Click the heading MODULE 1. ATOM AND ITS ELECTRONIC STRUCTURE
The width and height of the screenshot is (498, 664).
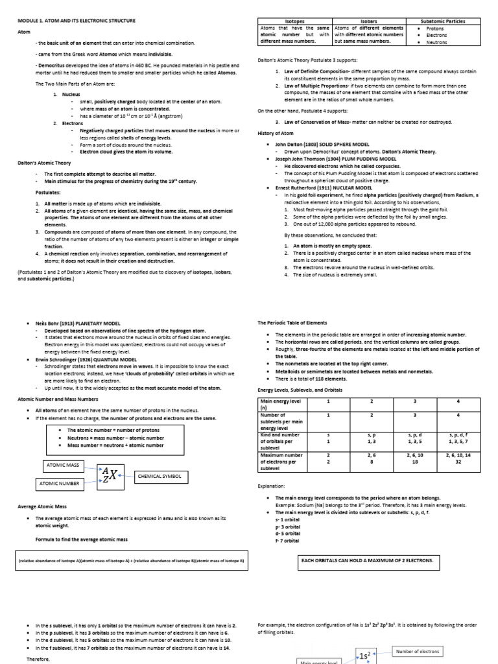click(x=76, y=21)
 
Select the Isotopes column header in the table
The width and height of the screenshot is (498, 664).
click(x=295, y=21)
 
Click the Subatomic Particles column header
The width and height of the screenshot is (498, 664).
click(x=442, y=21)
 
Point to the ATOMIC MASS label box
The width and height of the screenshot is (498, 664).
click(x=65, y=466)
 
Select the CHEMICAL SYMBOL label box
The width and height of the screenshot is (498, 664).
click(x=161, y=477)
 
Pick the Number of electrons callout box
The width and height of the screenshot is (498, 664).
click(x=418, y=651)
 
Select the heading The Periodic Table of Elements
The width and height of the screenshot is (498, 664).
click(x=292, y=322)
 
